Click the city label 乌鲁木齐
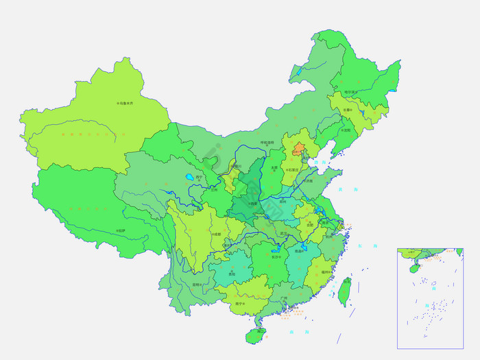coord(125,104)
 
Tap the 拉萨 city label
coord(121,230)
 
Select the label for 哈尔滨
coord(350,92)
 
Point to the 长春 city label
coord(347,110)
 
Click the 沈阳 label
coord(346,130)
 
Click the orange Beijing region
coord(299,148)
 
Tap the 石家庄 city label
coord(293,169)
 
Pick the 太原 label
coord(274,167)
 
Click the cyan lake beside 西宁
coord(189,177)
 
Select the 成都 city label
coord(217,235)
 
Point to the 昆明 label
coord(197,284)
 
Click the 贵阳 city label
coord(232,273)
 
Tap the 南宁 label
coord(239,303)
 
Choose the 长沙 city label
coord(276,256)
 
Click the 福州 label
coord(325,272)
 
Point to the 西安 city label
coord(254,204)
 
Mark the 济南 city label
coord(308,181)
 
